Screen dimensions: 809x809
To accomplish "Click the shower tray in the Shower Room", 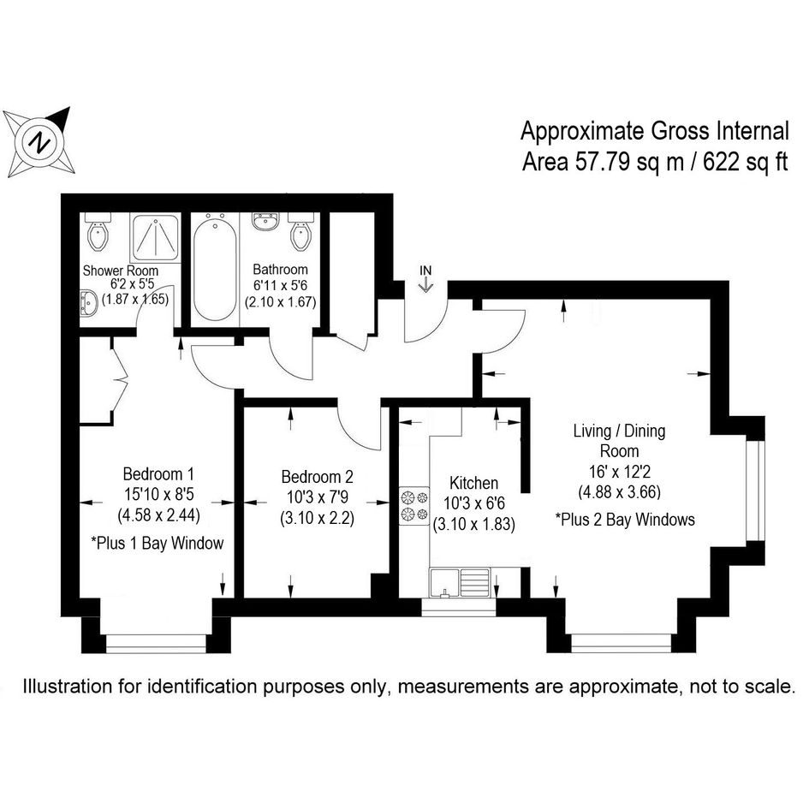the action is tap(155, 238).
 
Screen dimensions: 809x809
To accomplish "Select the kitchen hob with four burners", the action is tap(413, 506).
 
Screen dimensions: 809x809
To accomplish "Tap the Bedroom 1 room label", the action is tap(159, 473).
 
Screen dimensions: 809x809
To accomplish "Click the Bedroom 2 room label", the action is tap(318, 476).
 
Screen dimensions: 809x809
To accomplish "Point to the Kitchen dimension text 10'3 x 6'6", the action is tap(473, 503).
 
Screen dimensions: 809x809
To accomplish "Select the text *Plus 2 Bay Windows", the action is tap(625, 519).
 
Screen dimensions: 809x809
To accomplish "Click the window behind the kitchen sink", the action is tap(459, 606).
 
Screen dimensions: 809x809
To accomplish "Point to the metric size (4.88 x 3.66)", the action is tap(619, 491).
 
